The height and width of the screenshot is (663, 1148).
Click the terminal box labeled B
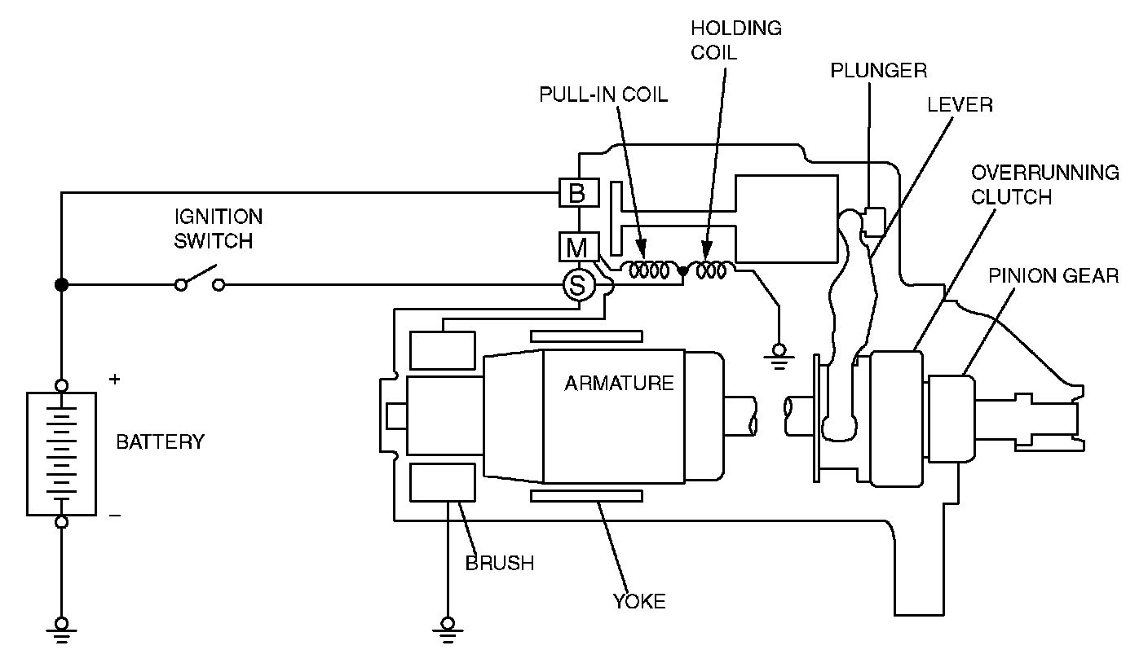click(579, 192)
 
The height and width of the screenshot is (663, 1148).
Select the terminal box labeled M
click(579, 247)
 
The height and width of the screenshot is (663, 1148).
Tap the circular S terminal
click(579, 284)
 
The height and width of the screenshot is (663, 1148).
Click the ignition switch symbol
click(200, 278)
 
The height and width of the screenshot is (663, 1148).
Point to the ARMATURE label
click(619, 383)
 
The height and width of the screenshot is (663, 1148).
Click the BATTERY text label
click(161, 441)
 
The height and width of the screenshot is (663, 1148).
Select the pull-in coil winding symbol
click(649, 270)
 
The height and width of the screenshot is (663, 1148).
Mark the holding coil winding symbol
click(710, 270)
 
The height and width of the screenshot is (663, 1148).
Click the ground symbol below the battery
click(61, 630)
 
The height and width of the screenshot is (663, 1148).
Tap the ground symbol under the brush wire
click(448, 630)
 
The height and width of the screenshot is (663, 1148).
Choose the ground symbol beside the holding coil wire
click(779, 357)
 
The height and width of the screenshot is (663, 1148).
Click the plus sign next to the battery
click(115, 379)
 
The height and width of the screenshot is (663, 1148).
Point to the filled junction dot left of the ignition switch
click(61, 284)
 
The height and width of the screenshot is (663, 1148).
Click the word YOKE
click(639, 601)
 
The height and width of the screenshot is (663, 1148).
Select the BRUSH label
click(500, 563)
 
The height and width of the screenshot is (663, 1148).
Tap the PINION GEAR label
click(1053, 276)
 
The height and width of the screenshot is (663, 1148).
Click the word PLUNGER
click(878, 71)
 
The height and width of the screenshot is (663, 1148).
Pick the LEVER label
click(960, 105)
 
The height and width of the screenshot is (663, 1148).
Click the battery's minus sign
click(115, 515)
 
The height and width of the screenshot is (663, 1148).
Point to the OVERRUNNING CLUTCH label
click(1045, 185)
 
